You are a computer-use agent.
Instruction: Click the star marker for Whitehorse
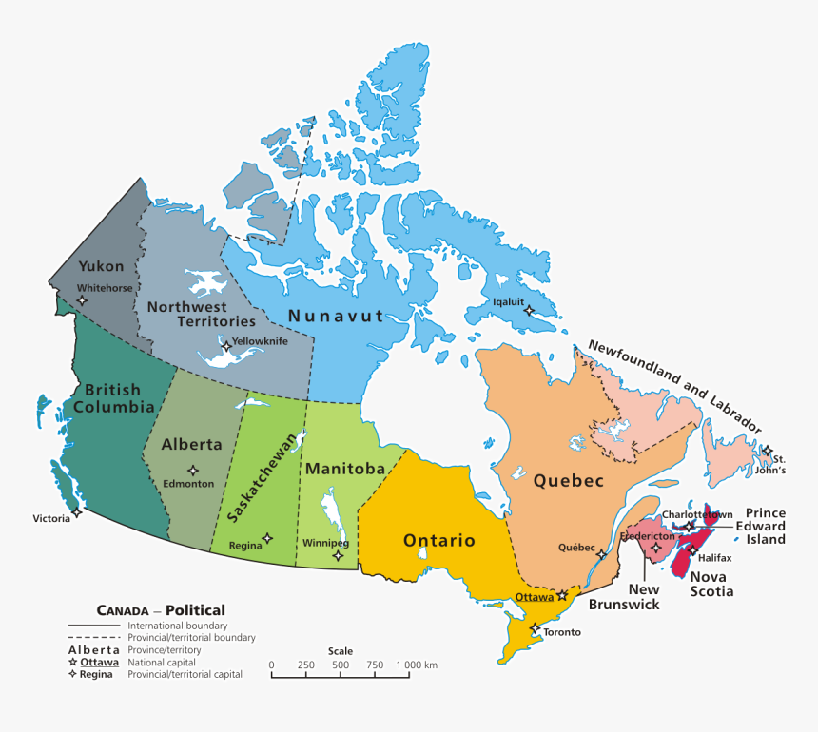pyautogui.click(x=82, y=300)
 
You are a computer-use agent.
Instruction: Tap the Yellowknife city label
pyautogui.click(x=260, y=340)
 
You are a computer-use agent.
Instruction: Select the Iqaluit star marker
pyautogui.click(x=529, y=310)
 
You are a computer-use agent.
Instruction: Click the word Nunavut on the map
pyautogui.click(x=336, y=317)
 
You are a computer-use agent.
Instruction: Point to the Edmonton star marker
pyautogui.click(x=193, y=470)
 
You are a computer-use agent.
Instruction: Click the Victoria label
pyautogui.click(x=51, y=518)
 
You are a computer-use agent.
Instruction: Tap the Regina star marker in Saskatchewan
pyautogui.click(x=267, y=538)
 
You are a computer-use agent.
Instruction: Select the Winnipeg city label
pyautogui.click(x=326, y=543)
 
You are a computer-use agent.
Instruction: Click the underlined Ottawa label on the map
pyautogui.click(x=534, y=597)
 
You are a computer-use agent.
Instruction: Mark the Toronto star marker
pyautogui.click(x=536, y=628)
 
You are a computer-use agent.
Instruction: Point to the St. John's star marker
pyautogui.click(x=768, y=451)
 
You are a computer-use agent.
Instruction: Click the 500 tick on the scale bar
pyautogui.click(x=341, y=675)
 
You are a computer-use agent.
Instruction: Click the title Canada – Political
pyautogui.click(x=161, y=610)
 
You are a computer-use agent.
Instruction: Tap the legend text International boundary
pyautogui.click(x=177, y=626)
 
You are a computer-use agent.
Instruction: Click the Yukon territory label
pyautogui.click(x=101, y=266)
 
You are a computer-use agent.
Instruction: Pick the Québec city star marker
pyautogui.click(x=601, y=553)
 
